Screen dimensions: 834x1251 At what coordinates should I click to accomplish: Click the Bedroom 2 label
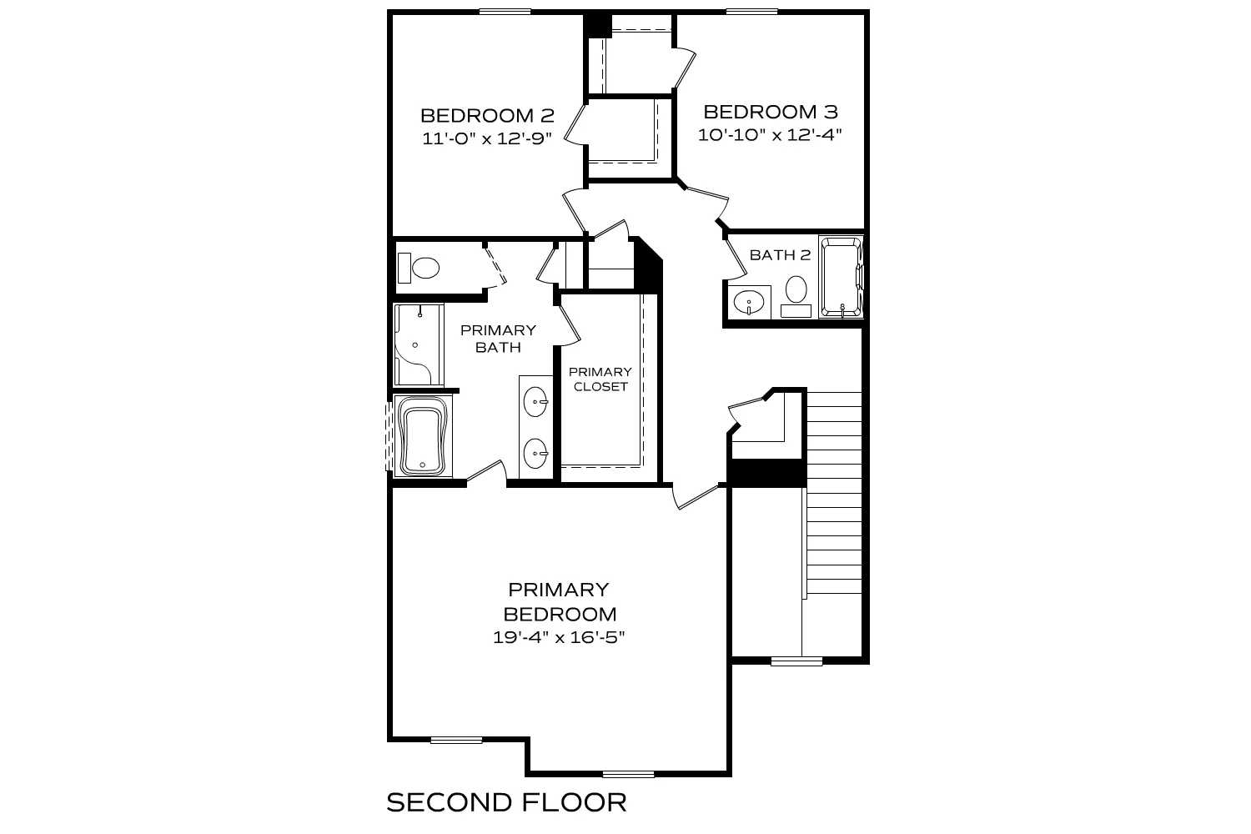487,115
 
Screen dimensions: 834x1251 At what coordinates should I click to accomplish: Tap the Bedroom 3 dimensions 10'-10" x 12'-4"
770,135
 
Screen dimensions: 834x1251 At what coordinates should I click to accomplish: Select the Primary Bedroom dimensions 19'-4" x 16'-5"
559,638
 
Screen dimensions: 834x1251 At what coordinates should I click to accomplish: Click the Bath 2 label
780,255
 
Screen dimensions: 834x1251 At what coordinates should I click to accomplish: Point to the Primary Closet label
600,379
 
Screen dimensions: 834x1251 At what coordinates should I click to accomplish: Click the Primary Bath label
498,339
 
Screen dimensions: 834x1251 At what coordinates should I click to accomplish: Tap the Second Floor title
506,802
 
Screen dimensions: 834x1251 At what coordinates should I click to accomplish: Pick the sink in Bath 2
750,302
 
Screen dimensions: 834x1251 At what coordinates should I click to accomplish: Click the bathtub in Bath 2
842,278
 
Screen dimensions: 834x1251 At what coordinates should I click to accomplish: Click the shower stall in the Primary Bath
418,345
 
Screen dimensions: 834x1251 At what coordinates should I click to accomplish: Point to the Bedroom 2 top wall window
505,11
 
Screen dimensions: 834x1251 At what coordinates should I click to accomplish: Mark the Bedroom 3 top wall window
752,11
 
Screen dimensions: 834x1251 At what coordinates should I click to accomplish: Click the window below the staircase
796,661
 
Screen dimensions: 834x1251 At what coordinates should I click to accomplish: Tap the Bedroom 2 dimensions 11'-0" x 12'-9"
487,138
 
